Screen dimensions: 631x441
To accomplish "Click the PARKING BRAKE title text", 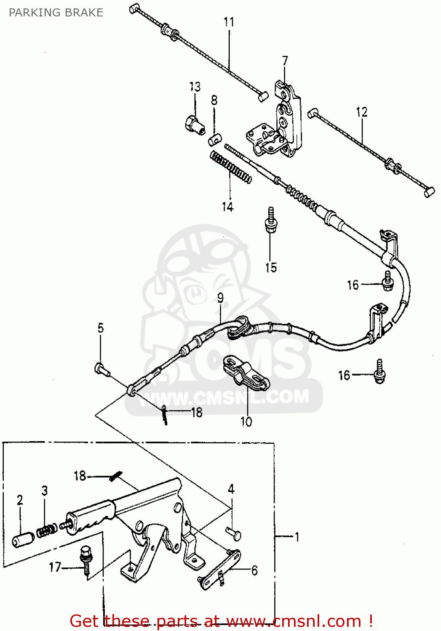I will pyautogui.click(x=56, y=13).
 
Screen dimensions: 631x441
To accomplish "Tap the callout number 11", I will pyautogui.click(x=229, y=22).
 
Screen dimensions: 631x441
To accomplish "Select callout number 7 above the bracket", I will pyautogui.click(x=285, y=61).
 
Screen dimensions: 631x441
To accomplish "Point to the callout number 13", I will pyautogui.click(x=195, y=87).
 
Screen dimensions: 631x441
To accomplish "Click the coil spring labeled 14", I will pyautogui.click(x=230, y=168).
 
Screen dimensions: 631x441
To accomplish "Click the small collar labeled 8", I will pyautogui.click(x=214, y=139).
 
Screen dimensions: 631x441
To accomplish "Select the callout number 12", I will pyautogui.click(x=362, y=112).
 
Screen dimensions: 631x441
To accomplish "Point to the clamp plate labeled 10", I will pyautogui.click(x=246, y=374).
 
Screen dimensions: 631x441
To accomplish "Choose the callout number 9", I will pyautogui.click(x=220, y=298).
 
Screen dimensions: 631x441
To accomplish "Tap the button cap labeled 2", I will pyautogui.click(x=23, y=539).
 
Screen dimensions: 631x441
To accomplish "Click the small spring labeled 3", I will pyautogui.click(x=46, y=530).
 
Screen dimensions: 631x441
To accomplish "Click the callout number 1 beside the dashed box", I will pyautogui.click(x=297, y=537).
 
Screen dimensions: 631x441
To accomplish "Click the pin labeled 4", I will pyautogui.click(x=233, y=533).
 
